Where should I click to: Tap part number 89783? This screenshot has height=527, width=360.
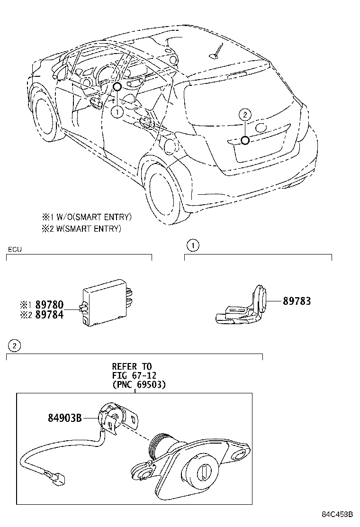point(297,301)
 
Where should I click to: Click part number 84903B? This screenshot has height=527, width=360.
point(65,418)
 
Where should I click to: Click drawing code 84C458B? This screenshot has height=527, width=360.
point(339,515)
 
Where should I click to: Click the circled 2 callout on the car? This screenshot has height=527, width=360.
point(244,114)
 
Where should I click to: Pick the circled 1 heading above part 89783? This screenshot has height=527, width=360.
point(192,245)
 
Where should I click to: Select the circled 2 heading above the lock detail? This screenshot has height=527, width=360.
point(14,346)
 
